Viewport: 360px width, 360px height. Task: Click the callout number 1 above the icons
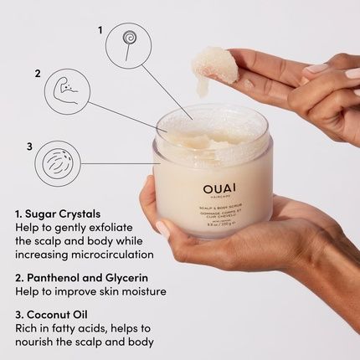[100, 29]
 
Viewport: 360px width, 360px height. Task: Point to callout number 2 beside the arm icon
[38, 73]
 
